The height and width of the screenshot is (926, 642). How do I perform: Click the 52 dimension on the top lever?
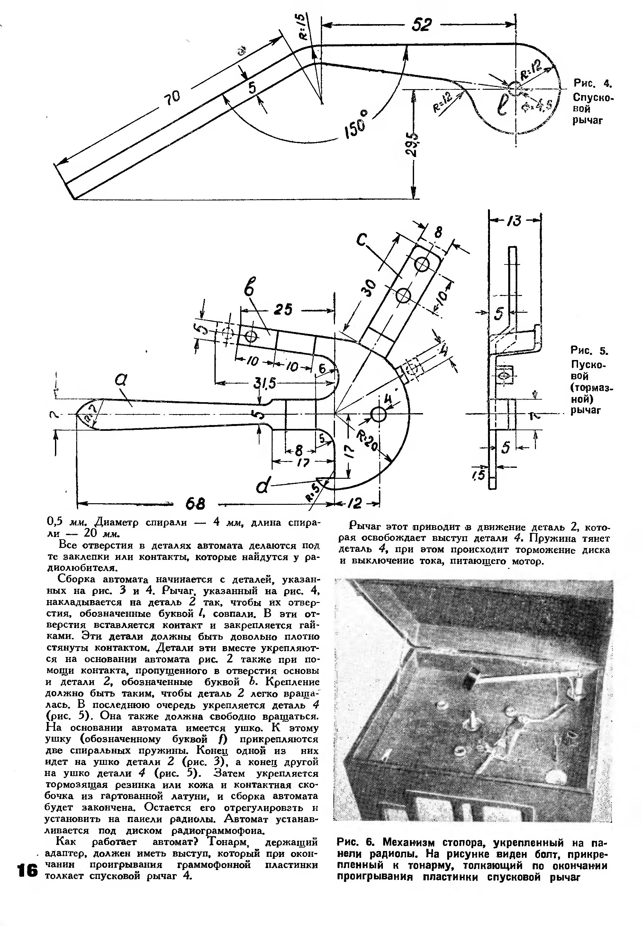tap(421, 25)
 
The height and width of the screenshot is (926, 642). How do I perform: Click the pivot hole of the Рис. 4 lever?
tap(514, 87)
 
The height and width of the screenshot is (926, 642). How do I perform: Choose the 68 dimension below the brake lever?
tap(195, 504)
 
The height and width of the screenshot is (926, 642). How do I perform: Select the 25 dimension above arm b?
tap(284, 310)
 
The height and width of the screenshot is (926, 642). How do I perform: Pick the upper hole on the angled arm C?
tap(423, 264)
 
